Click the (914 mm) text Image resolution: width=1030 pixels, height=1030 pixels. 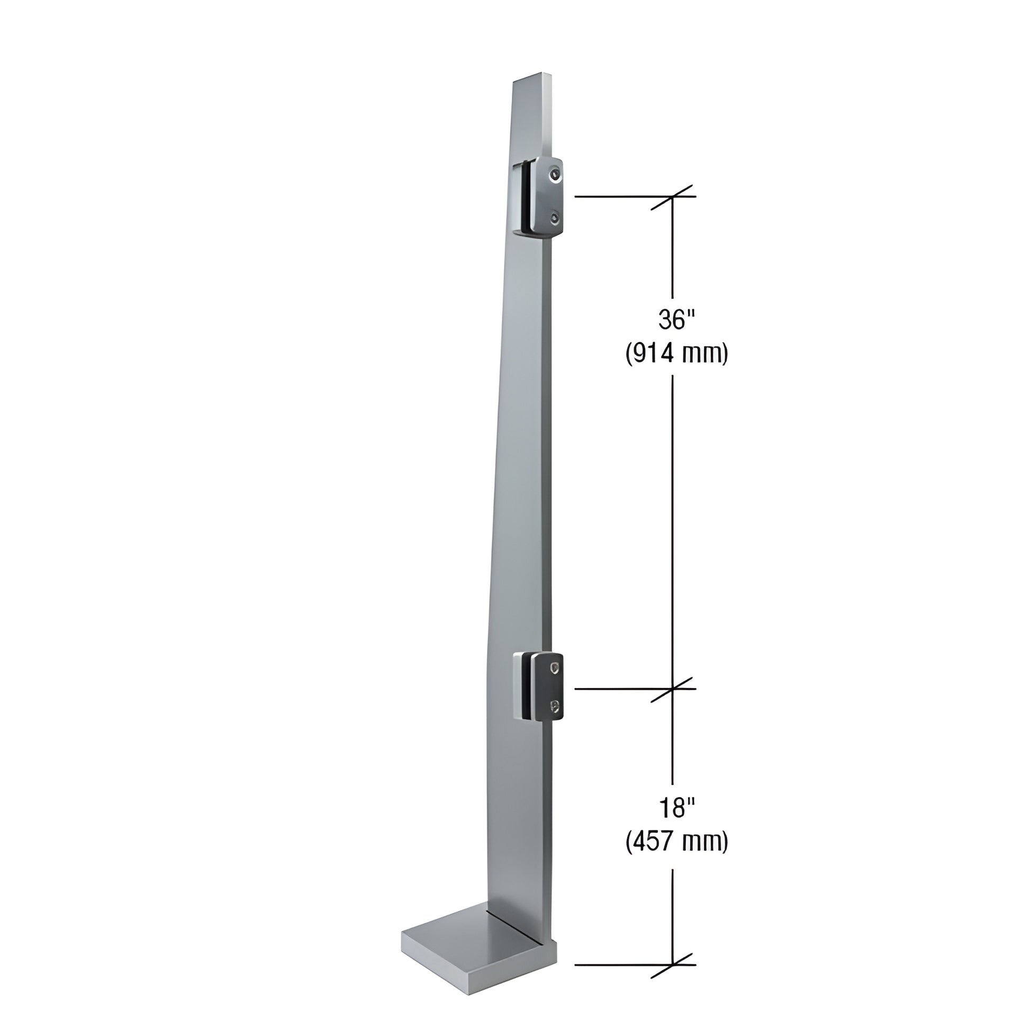[x=676, y=354]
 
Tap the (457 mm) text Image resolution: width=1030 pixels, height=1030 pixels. [x=676, y=842]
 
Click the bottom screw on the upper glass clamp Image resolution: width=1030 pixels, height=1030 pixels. [x=556, y=218]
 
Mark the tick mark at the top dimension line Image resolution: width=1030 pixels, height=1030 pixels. [x=672, y=197]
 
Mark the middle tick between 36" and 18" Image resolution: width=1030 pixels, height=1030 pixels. [x=672, y=689]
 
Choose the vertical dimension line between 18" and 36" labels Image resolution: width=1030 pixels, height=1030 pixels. [x=672, y=533]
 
